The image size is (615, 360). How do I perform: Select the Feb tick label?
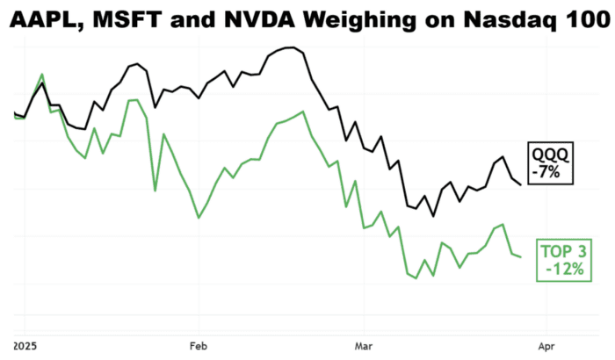198,345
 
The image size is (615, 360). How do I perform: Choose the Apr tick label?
546,345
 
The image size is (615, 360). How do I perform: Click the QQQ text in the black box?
551,155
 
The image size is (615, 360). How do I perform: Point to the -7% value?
551,172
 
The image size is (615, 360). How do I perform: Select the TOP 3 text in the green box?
562,252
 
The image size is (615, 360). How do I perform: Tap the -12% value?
562,270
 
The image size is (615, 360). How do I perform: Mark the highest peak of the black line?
288,47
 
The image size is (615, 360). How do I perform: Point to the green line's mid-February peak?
302,112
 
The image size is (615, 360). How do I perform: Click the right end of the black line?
521,184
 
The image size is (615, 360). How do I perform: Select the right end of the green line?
521,257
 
